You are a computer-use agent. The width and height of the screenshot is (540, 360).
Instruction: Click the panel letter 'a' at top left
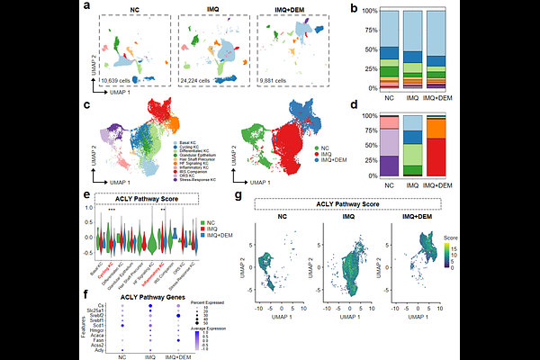point(86,7)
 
